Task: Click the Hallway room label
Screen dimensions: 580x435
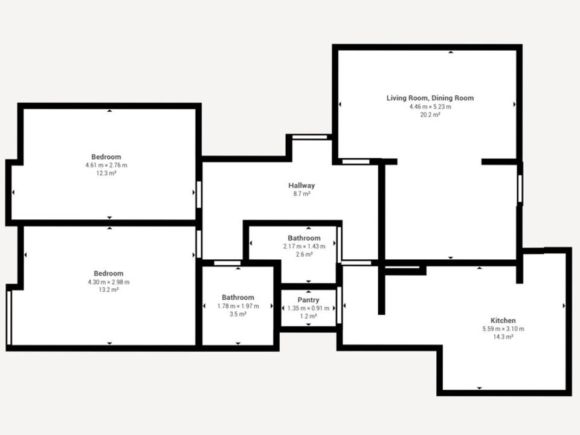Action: point(301,185)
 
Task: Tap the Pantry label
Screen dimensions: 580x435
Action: point(308,300)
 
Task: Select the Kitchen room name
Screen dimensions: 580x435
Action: point(503,320)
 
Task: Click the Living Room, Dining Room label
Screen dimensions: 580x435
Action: point(430,98)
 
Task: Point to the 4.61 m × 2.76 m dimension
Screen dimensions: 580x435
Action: point(106,165)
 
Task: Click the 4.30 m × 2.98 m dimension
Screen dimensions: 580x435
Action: point(108,282)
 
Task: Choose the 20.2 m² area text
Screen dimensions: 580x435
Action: point(430,115)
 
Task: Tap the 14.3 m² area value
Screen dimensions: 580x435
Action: point(503,337)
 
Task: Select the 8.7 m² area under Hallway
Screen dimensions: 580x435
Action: point(301,193)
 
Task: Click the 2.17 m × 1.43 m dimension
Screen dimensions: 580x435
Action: point(304,246)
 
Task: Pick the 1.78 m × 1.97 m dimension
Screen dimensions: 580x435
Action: point(238,306)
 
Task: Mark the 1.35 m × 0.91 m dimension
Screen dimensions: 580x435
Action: point(308,308)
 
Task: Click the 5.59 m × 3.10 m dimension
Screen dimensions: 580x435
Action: point(503,329)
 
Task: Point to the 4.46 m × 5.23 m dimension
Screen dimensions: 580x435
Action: point(430,106)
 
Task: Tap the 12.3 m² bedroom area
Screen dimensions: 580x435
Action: point(106,173)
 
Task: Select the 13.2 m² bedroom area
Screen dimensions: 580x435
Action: point(108,289)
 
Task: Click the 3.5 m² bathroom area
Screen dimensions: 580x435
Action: point(238,314)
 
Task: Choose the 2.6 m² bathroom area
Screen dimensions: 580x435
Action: point(304,254)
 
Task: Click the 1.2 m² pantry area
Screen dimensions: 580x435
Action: point(308,316)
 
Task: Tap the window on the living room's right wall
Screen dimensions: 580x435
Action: point(520,188)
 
